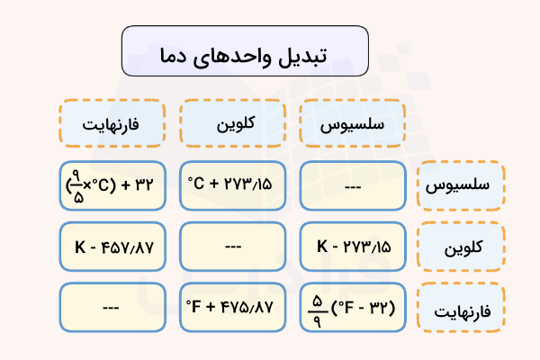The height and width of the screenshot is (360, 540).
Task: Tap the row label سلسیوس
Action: point(462,185)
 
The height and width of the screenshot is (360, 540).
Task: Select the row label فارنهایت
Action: point(462,308)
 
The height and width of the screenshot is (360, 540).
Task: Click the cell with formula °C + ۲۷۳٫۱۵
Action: point(232,185)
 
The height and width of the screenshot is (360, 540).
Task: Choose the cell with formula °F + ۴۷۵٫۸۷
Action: point(232,308)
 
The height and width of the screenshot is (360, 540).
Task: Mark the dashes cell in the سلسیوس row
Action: point(352,185)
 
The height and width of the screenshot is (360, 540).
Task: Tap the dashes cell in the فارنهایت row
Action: point(112,308)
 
